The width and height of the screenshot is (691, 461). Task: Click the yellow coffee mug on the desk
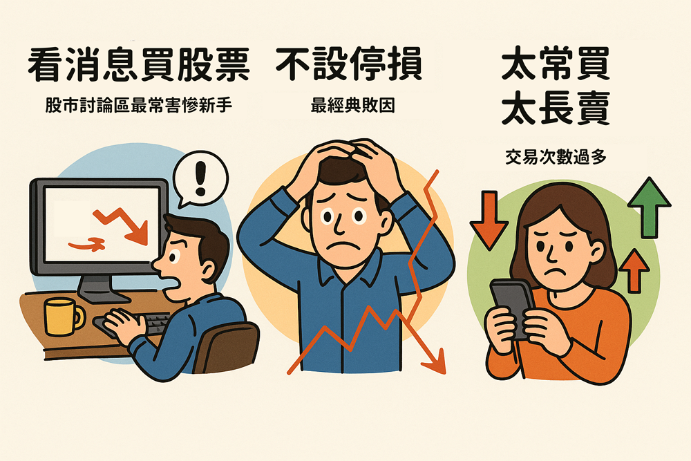coord(63,317)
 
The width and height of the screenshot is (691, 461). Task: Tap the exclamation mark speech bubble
coord(200,178)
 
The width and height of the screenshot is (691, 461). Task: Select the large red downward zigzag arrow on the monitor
coord(121,225)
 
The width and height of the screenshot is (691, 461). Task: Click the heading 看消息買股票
coord(138,65)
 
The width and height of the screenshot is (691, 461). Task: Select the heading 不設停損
coord(349,64)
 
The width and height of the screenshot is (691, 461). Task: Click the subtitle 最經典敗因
coord(352,106)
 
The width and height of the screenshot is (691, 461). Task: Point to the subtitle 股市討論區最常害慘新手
coord(138,106)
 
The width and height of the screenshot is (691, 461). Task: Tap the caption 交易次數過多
coord(556,157)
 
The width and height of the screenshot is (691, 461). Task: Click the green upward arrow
coord(649,207)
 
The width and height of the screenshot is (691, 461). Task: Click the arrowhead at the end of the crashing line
coord(435,362)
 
